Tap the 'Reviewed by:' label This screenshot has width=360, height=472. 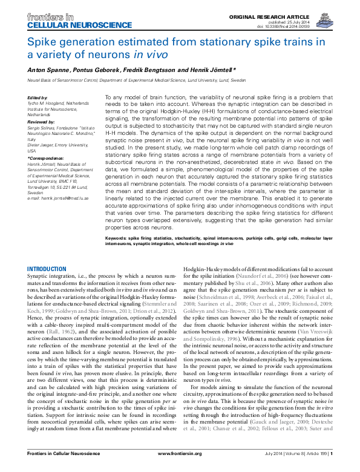[x=41, y=122]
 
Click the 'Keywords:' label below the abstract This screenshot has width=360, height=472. [x=119, y=239]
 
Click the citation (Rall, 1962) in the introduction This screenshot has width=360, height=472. [x=71, y=332]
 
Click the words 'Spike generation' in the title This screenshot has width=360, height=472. [x=68, y=42]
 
